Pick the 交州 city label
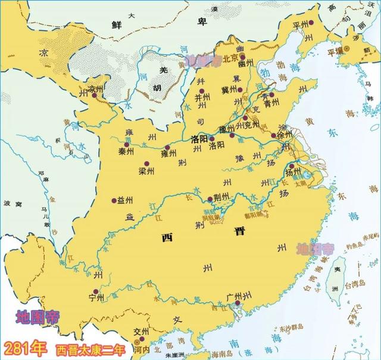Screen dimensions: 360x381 pyautogui.click(x=142, y=333)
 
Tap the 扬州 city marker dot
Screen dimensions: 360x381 pyautogui.click(x=292, y=166)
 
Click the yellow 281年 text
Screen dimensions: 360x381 pyautogui.click(x=26, y=347)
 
